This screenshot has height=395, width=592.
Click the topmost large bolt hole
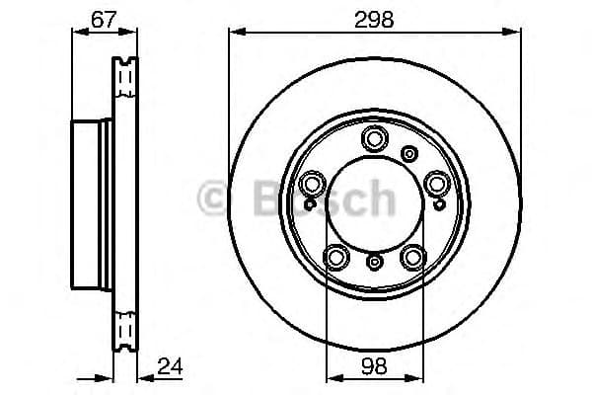coord(375,138)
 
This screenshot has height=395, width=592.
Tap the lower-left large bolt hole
coord(337,257)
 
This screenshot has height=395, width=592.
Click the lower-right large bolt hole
coord(412,257)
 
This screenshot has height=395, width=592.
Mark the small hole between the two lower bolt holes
coord(375,262)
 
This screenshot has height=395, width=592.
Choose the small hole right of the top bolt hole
coord(409,152)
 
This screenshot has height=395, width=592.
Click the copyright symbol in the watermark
coord(211,198)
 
